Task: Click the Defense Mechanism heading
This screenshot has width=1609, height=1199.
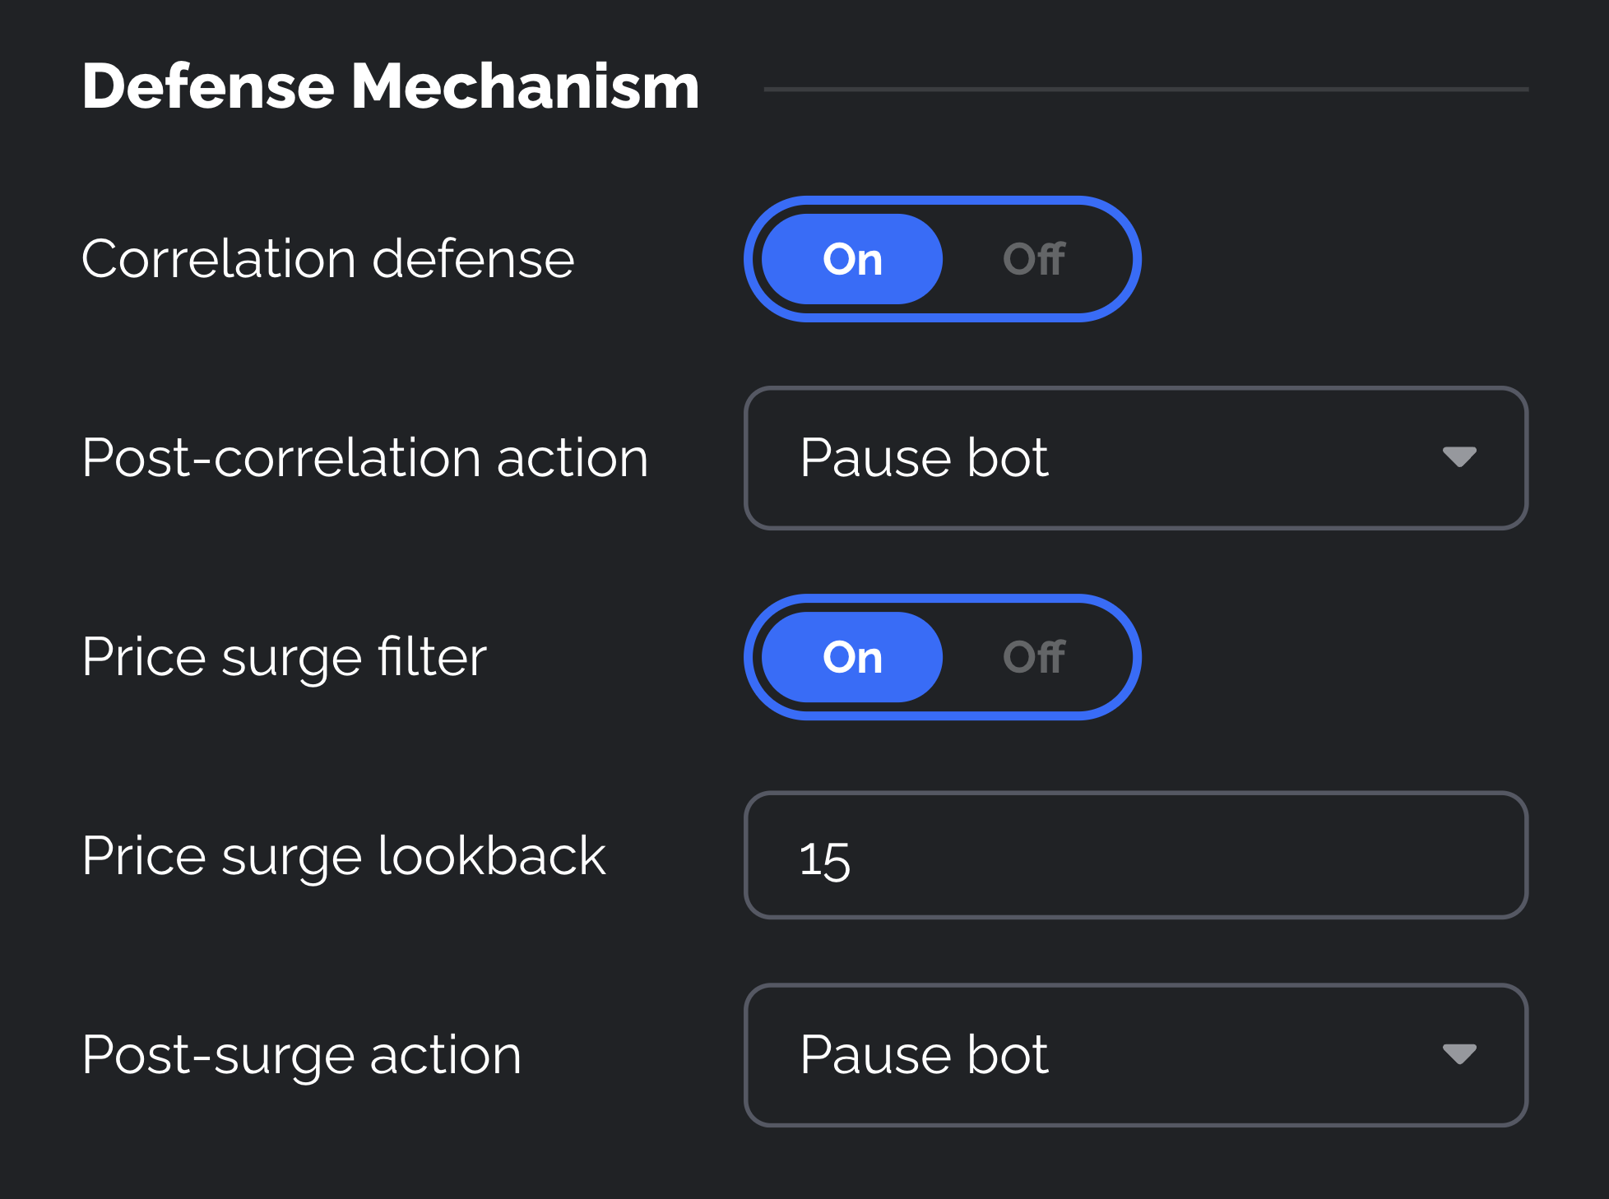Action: tap(390, 87)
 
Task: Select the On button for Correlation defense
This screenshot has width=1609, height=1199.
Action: tap(852, 259)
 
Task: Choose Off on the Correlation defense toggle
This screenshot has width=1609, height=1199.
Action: tap(1034, 259)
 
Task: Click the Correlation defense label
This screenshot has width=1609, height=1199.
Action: tap(327, 259)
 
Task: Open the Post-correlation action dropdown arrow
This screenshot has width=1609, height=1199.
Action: tap(1459, 457)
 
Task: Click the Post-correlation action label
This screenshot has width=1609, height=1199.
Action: tap(364, 458)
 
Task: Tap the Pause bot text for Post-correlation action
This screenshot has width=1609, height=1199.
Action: tap(924, 457)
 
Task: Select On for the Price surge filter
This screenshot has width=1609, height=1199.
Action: tap(852, 657)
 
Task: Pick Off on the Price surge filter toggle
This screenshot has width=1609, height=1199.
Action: tap(1034, 657)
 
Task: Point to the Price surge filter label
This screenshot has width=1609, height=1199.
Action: tap(284, 657)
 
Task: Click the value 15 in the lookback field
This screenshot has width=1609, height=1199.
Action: tap(824, 859)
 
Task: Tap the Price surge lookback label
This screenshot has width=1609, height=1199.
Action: tap(343, 856)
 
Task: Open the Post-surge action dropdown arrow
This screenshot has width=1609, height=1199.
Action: tap(1459, 1054)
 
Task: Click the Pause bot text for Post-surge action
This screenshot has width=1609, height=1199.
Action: tap(924, 1054)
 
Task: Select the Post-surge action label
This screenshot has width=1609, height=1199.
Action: tap(301, 1055)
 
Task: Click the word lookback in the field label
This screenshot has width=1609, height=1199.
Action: tap(491, 856)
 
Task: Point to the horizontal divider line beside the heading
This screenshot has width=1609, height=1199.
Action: tap(1145, 89)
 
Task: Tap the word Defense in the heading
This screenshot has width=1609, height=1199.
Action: tap(208, 87)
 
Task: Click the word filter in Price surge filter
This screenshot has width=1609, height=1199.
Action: tap(432, 657)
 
